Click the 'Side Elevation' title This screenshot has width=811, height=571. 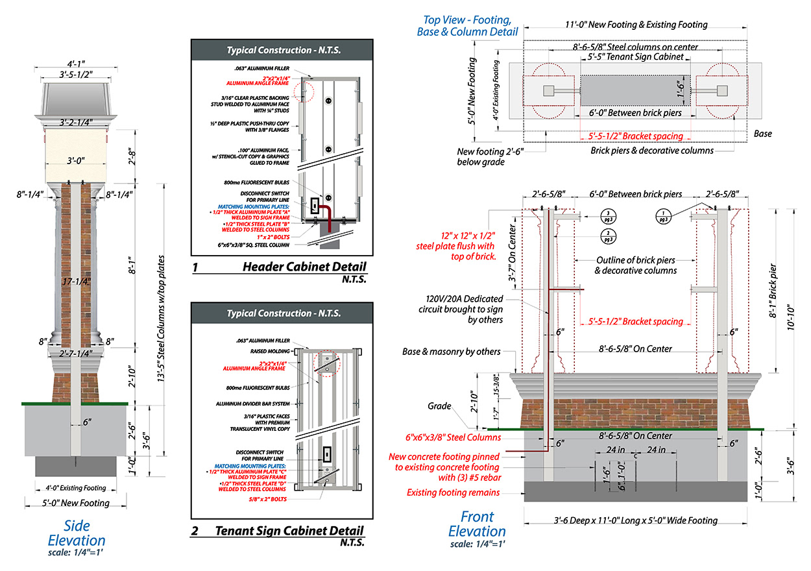click(x=77, y=533)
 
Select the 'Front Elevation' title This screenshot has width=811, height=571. click(x=477, y=524)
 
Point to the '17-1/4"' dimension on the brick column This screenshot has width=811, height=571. click(x=77, y=282)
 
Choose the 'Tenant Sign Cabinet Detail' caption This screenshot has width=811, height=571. click(x=289, y=531)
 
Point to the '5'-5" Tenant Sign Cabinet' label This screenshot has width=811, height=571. click(x=631, y=57)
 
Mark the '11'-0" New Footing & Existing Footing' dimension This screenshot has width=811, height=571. click(x=636, y=25)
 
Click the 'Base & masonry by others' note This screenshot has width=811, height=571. click(x=452, y=352)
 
